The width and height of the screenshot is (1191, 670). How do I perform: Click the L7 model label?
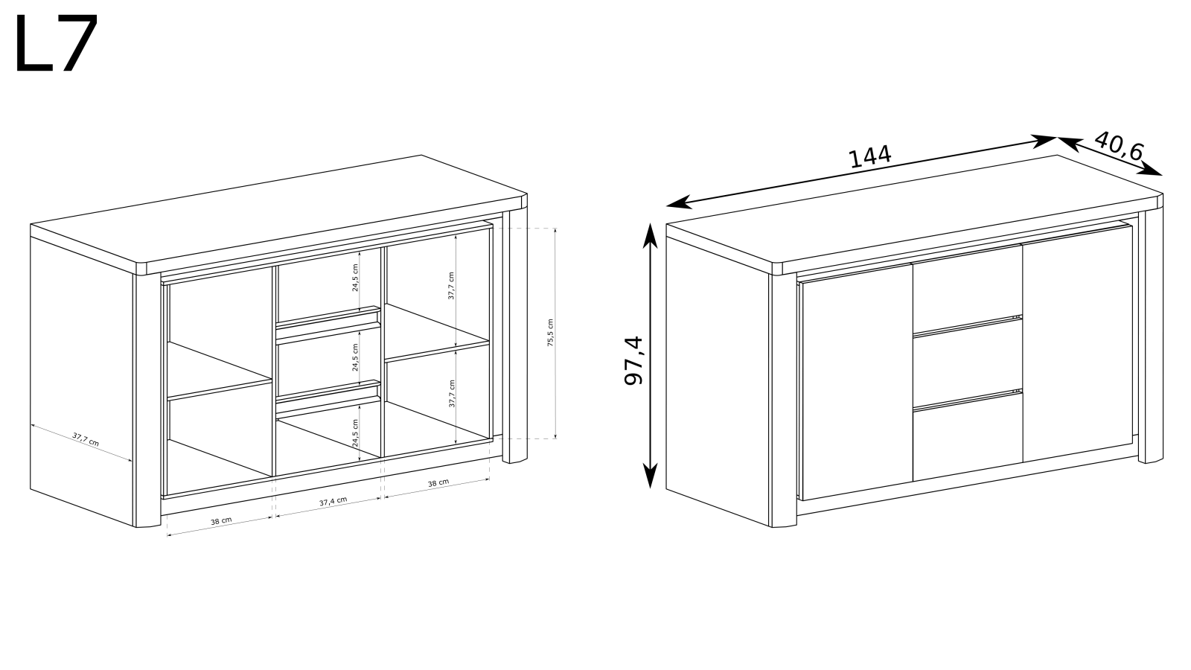57,43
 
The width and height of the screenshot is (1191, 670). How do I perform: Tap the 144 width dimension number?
869,157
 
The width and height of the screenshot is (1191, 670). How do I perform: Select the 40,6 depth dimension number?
1118,146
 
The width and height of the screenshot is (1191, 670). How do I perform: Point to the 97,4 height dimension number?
633,360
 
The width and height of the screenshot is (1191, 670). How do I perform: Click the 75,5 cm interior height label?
550,333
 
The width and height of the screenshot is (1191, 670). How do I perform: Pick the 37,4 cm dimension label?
333,502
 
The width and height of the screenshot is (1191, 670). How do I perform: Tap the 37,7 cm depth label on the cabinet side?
86,439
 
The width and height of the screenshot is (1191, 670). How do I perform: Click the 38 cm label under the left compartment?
221,521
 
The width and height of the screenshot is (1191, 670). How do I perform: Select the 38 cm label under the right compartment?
438,483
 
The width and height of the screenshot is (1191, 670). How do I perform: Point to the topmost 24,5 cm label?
355,277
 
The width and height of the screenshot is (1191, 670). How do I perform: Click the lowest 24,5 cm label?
355,433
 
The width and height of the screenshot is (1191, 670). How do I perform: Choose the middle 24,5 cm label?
355,357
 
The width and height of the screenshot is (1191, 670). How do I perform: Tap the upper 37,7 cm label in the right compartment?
451,286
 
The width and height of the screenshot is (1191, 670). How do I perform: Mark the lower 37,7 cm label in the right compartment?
452,394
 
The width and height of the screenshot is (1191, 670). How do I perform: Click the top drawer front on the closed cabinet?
968,290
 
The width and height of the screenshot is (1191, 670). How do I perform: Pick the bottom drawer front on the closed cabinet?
968,437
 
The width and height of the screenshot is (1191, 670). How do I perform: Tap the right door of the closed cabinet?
1077,343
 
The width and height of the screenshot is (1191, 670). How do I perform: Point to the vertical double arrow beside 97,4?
651,356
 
